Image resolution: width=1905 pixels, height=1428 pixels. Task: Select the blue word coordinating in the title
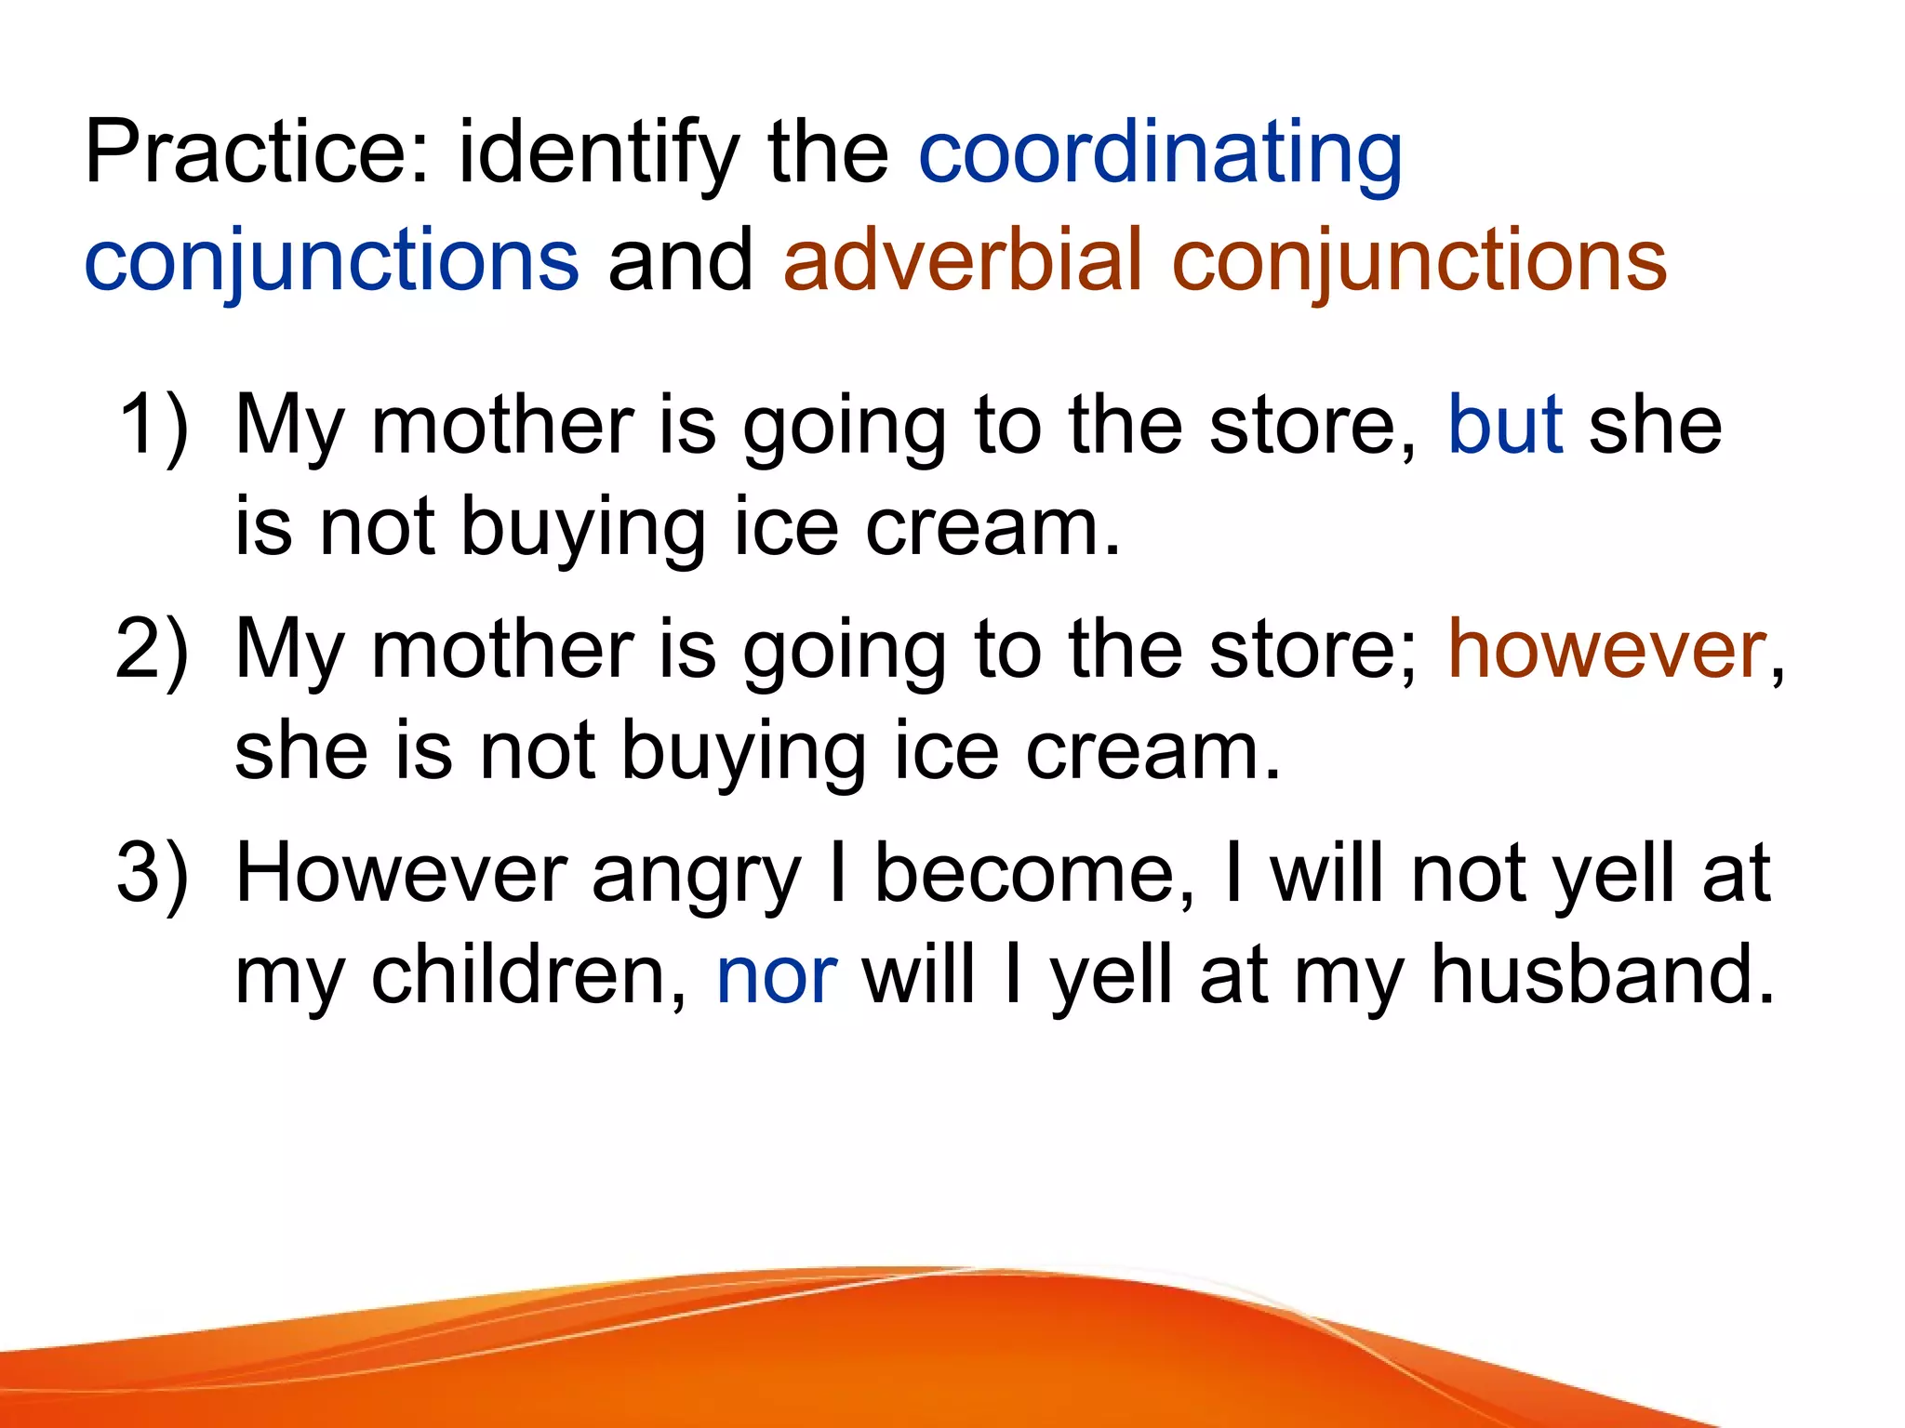1160,153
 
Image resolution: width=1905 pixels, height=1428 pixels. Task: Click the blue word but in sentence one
1504,425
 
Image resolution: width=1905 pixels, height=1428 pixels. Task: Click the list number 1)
153,425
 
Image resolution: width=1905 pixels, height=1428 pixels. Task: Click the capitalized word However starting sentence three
401,873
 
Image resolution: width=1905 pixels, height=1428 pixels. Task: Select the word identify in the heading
600,153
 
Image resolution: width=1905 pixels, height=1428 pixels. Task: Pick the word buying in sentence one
583,528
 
